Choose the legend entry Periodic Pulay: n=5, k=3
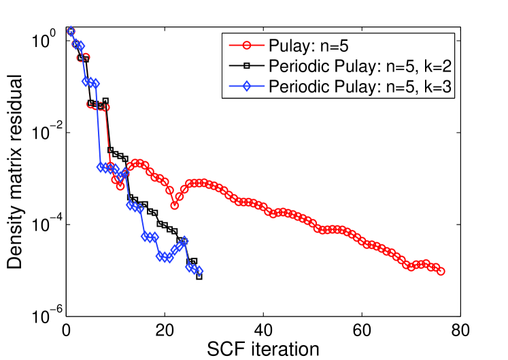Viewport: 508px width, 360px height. [x=350, y=86]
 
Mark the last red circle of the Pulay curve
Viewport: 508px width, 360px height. [x=441, y=271]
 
